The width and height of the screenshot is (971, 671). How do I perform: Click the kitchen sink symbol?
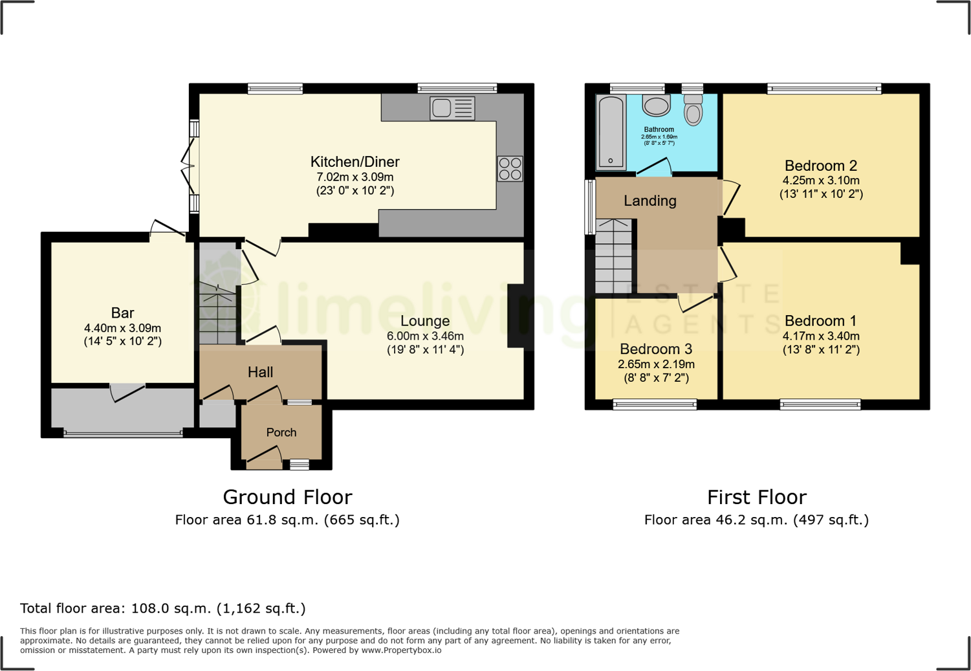[452, 108]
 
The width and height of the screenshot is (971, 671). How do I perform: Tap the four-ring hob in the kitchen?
[510, 168]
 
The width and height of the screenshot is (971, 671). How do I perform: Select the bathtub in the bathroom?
[611, 131]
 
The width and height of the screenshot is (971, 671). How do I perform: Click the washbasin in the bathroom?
[656, 106]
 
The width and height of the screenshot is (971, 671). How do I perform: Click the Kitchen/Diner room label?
[355, 162]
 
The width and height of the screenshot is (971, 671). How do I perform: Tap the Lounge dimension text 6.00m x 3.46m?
[425, 336]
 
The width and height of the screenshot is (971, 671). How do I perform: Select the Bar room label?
[122, 313]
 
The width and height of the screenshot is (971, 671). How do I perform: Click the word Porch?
[281, 432]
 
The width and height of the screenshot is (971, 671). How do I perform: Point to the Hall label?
[260, 372]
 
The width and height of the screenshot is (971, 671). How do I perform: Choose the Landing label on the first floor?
[649, 201]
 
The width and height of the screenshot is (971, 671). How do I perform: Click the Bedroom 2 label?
[820, 166]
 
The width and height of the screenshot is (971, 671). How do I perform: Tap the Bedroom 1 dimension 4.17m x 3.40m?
[820, 336]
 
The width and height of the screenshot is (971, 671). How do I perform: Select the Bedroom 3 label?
[655, 349]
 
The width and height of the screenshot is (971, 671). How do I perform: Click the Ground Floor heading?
[287, 497]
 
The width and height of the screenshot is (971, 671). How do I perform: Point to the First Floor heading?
[756, 497]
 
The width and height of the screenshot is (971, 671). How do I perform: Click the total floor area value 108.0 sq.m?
[171, 608]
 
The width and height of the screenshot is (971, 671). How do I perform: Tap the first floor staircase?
[613, 259]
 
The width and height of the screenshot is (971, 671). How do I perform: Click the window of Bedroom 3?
[655, 405]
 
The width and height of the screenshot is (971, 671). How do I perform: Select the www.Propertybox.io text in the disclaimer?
[401, 650]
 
